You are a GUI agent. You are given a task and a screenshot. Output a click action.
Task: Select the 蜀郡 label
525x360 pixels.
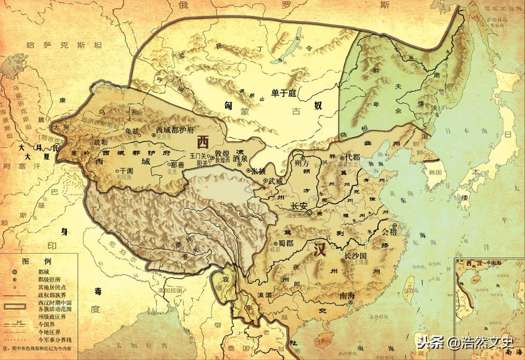pos(287,243)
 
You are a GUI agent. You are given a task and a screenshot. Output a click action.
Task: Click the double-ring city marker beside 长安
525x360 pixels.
pos(309,212)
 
